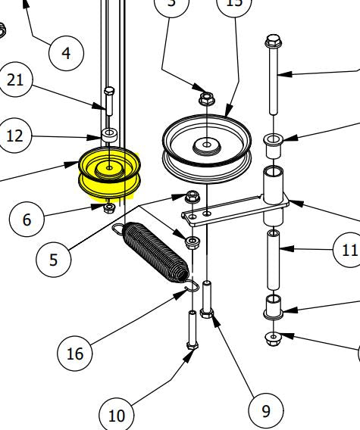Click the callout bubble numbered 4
66,52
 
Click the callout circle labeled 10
117,415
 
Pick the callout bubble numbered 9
265,411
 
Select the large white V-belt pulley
205,148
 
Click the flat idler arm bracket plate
235,208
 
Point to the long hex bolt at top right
274,76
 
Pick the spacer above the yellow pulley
109,136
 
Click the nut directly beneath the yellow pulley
109,207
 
